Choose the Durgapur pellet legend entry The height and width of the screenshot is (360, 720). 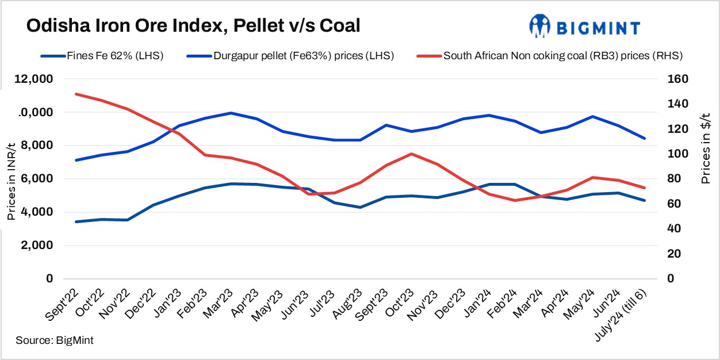[x=290, y=56]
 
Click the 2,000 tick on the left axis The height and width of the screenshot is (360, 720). [x=52, y=246]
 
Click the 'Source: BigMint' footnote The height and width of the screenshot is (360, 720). [x=55, y=340]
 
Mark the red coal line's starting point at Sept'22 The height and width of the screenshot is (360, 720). [x=76, y=94]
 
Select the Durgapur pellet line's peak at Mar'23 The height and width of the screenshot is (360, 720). [x=231, y=113]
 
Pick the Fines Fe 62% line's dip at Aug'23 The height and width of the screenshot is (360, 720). [x=360, y=207]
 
